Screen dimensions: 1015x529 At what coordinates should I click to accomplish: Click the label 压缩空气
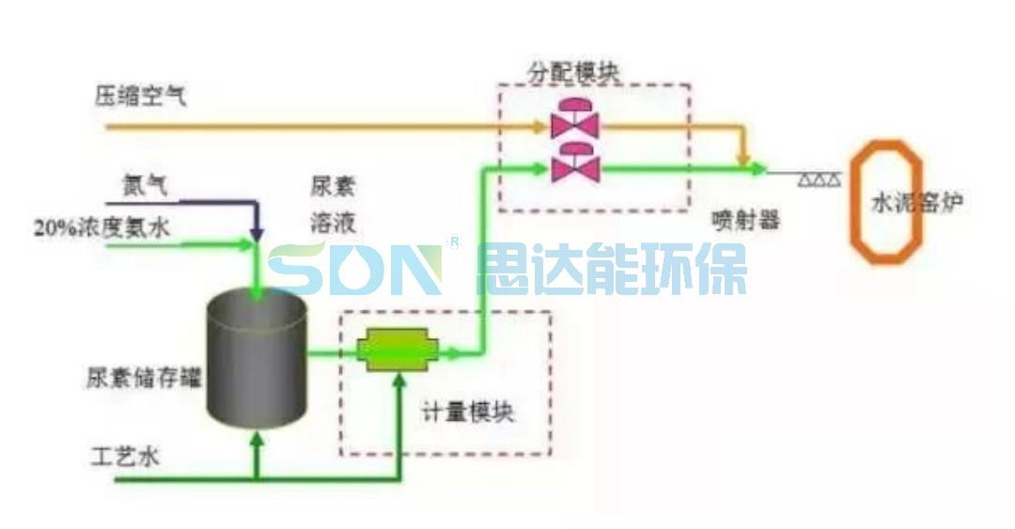pyautogui.click(x=141, y=96)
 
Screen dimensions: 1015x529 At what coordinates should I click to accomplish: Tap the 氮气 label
pyautogui.click(x=145, y=186)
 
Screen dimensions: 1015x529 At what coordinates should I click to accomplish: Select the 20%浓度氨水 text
pyautogui.click(x=101, y=227)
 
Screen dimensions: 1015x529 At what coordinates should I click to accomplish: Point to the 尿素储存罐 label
pyautogui.click(x=144, y=377)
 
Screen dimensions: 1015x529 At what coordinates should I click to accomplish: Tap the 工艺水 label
pyautogui.click(x=125, y=457)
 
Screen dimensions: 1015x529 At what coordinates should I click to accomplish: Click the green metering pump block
pyautogui.click(x=397, y=350)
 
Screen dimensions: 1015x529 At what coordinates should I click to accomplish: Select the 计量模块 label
pyautogui.click(x=468, y=412)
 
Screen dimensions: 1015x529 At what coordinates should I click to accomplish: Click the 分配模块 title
pyautogui.click(x=573, y=72)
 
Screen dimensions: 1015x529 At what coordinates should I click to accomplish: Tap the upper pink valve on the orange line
pyautogui.click(x=575, y=118)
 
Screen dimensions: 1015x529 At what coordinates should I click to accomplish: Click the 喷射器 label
pyautogui.click(x=745, y=220)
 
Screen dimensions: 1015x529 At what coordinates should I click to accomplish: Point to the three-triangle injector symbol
pyautogui.click(x=820, y=179)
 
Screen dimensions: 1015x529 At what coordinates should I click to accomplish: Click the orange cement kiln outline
pyautogui.click(x=886, y=201)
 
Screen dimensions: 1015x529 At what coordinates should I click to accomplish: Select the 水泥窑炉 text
pyautogui.click(x=917, y=203)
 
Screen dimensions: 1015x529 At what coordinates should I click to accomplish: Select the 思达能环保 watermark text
pyautogui.click(x=612, y=268)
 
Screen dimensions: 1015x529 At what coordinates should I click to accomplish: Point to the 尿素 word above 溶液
pyautogui.click(x=333, y=187)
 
